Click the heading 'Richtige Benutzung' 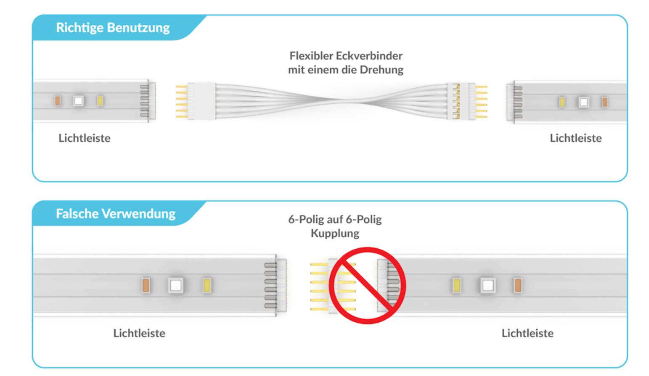[x=113, y=28]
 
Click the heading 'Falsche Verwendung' [x=116, y=213]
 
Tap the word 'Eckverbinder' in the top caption [x=369, y=55]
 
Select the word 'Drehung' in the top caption [x=381, y=69]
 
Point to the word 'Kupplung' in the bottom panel [x=335, y=233]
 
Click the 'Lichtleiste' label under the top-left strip [x=84, y=138]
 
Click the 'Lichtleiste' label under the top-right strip [x=576, y=138]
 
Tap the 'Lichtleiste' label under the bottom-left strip [x=139, y=333]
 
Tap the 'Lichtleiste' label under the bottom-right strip [x=527, y=333]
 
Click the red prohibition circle [x=367, y=285]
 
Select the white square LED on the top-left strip [x=78, y=101]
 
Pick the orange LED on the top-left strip [x=58, y=101]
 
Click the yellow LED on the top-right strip [x=562, y=102]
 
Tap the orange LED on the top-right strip [x=604, y=102]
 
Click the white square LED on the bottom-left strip [x=175, y=285]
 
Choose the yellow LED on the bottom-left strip [x=207, y=285]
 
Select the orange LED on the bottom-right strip [x=518, y=285]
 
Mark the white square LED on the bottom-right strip [x=487, y=285]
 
